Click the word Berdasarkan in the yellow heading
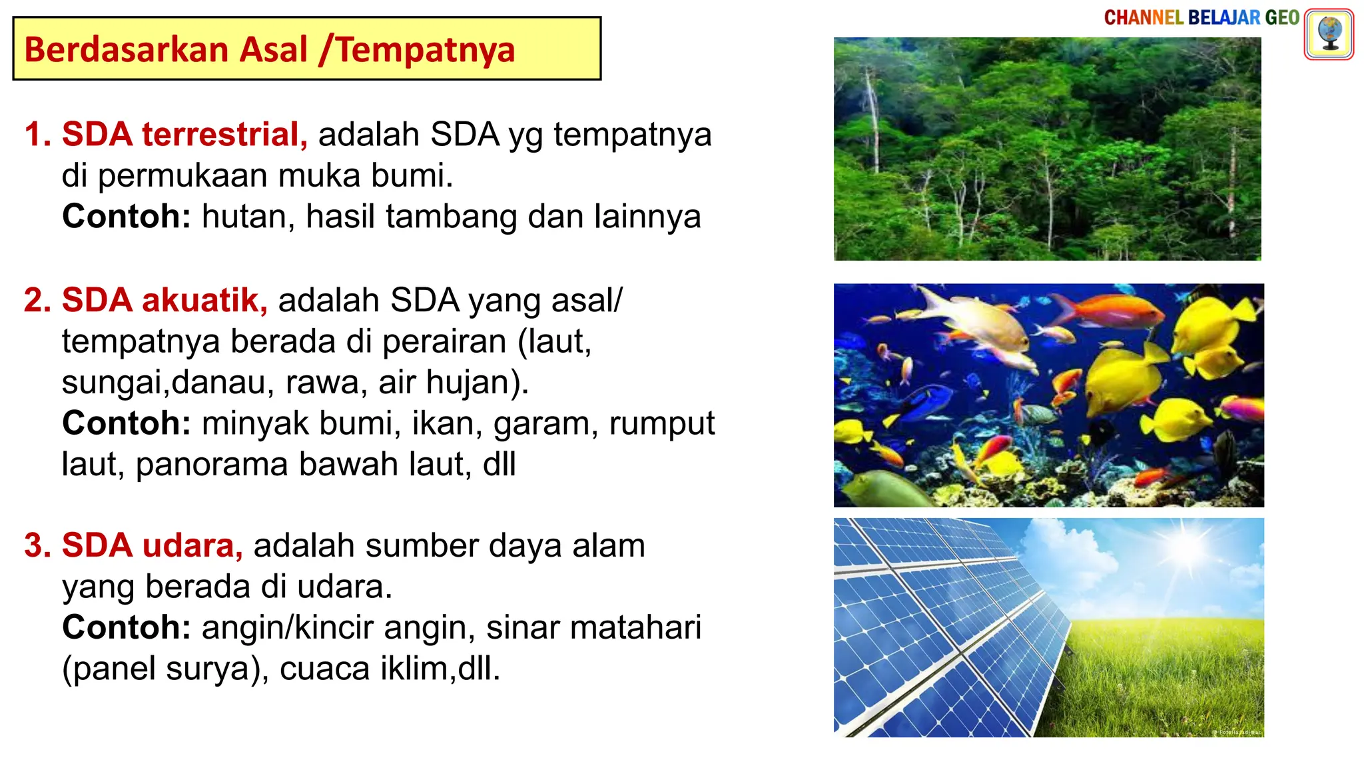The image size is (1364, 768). point(126,50)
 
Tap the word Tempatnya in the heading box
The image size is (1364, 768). point(426,50)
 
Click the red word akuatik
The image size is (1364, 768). point(204,300)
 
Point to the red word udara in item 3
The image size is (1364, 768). point(192,545)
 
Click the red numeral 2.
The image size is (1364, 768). point(37,300)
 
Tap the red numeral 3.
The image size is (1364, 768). point(37,545)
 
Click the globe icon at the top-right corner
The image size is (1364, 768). point(1329,34)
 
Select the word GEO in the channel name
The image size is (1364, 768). point(1282,18)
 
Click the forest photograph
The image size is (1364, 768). point(1047,149)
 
